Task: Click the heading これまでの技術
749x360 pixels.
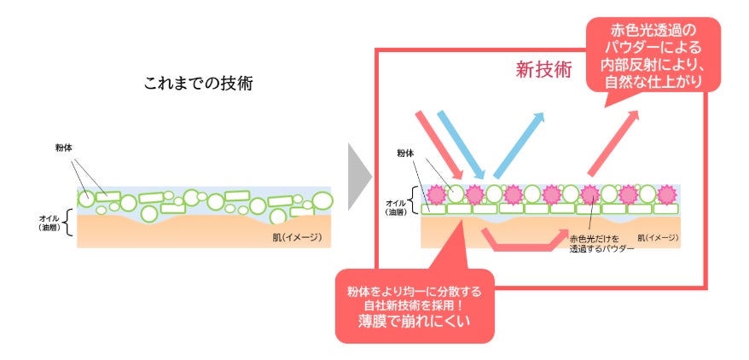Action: click(x=198, y=84)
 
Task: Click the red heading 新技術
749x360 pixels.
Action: click(x=543, y=70)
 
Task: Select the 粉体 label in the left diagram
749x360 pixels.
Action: click(x=62, y=148)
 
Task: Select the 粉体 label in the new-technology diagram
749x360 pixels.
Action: click(x=405, y=154)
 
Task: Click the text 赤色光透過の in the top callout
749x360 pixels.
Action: click(x=653, y=32)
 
